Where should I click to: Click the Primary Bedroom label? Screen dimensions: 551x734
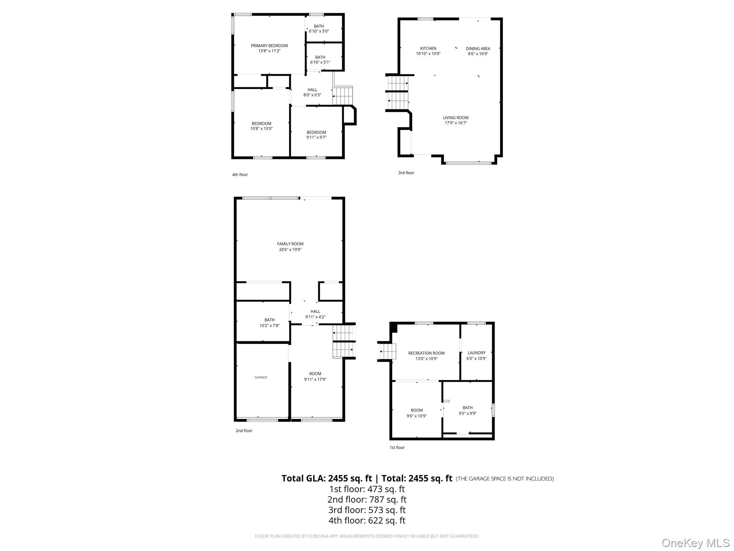269,46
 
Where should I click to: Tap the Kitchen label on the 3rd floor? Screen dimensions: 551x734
428,48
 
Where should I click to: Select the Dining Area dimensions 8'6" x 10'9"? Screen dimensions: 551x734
478,54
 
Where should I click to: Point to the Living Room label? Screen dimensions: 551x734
456,118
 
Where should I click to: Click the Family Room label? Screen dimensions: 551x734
290,244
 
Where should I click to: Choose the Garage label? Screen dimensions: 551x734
261,377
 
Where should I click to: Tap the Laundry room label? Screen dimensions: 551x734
476,353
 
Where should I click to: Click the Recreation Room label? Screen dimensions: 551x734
426,353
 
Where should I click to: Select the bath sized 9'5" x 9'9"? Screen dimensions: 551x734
467,410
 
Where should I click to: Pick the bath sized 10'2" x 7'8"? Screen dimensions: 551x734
269,322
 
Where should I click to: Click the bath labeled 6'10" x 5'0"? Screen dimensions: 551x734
319,29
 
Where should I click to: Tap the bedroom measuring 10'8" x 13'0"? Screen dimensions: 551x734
261,126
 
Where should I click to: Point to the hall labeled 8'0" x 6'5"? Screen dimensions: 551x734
312,92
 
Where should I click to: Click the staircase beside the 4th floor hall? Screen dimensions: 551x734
342,95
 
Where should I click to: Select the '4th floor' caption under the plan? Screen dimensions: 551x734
240,175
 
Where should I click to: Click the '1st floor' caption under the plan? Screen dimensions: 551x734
397,448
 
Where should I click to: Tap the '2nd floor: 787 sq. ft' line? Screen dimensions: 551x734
367,499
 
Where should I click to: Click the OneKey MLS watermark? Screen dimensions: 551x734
695,543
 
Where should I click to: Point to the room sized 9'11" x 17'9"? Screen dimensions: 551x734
315,376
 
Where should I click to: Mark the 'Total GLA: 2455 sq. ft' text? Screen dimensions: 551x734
327,478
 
